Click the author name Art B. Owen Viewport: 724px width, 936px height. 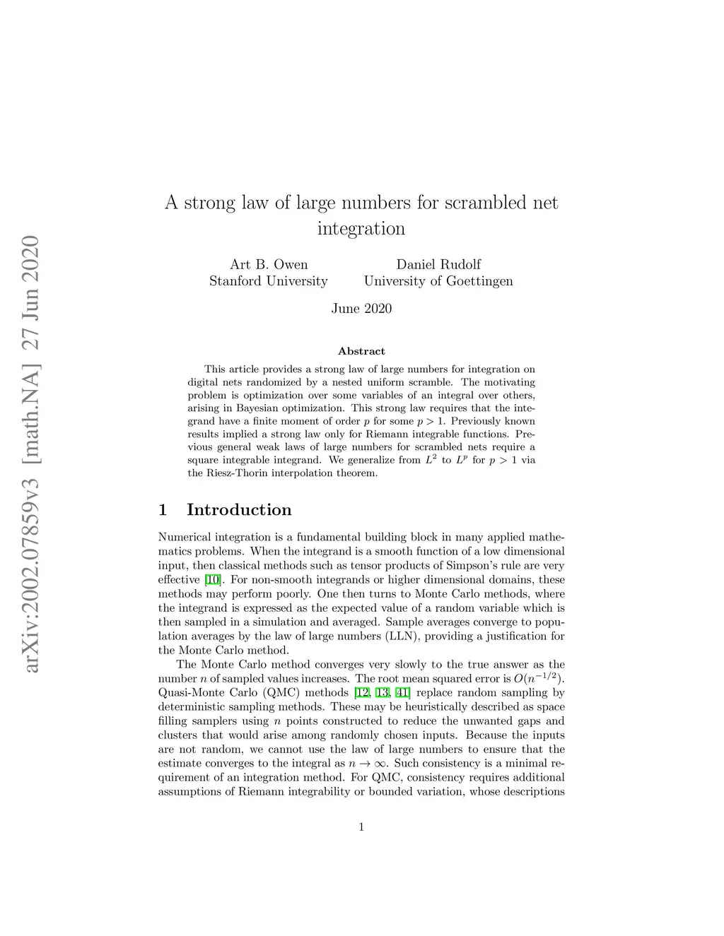point(269,265)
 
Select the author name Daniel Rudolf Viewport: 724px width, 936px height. point(438,265)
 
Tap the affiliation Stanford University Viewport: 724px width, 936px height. point(269,281)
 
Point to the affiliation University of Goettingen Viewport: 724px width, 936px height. point(438,281)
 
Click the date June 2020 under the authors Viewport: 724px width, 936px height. point(361,309)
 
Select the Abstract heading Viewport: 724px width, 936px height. point(361,351)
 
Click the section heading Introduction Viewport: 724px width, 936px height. point(239,510)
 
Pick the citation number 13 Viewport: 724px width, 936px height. point(383,693)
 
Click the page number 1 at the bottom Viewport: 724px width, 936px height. point(361,827)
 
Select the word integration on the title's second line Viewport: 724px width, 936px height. point(361,229)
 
